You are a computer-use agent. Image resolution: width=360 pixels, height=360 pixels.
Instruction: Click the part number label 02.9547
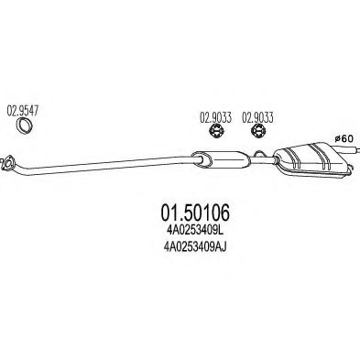pyautogui.click(x=23, y=111)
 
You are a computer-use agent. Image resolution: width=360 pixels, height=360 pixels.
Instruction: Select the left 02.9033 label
pyautogui.click(x=215, y=118)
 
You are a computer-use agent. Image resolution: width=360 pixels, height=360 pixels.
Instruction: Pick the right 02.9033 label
pyautogui.click(x=257, y=118)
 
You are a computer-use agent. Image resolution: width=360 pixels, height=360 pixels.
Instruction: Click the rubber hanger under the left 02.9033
pyautogui.click(x=216, y=132)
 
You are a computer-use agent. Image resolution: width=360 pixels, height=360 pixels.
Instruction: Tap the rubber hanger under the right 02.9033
pyautogui.click(x=258, y=132)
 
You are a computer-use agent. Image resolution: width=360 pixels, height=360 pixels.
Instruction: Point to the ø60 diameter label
pyautogui.click(x=344, y=138)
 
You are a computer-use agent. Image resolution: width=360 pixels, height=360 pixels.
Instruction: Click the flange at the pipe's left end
pyautogui.click(x=6, y=162)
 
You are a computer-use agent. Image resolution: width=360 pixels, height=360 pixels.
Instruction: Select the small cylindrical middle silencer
pyautogui.click(x=221, y=159)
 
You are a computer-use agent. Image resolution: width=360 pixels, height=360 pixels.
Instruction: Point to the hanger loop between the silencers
pyautogui.click(x=260, y=153)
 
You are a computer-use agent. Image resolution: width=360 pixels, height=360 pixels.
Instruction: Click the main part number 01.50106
pyautogui.click(x=195, y=213)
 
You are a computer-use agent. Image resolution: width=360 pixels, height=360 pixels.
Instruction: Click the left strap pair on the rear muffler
pyautogui.click(x=293, y=158)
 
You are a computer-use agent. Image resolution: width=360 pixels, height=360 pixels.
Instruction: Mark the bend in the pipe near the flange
pyautogui.click(x=22, y=168)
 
